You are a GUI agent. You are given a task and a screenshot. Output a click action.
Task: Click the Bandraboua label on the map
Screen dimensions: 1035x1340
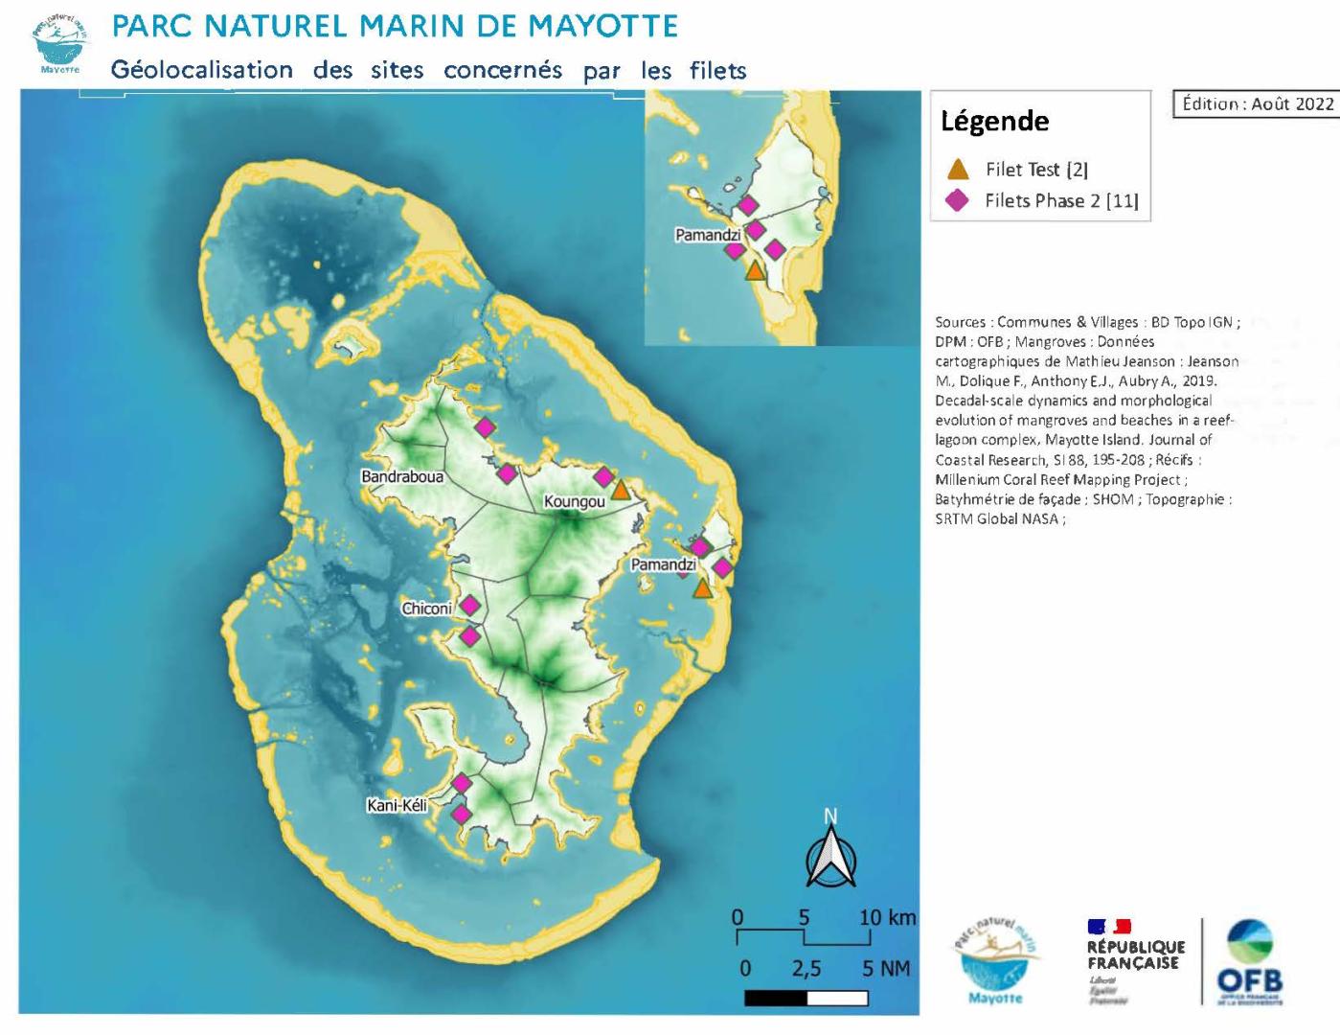pyautogui.click(x=402, y=476)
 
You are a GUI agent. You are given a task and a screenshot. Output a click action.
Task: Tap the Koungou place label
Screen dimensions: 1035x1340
pyautogui.click(x=574, y=501)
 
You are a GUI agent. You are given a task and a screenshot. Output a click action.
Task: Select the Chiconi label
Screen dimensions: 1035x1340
pyautogui.click(x=426, y=609)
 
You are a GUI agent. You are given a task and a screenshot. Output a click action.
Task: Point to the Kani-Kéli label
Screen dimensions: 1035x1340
pyautogui.click(x=397, y=805)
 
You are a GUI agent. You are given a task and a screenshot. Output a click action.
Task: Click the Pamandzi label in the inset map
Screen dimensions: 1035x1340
pyautogui.click(x=708, y=235)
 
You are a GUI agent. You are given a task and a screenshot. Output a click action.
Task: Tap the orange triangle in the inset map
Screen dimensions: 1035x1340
pyautogui.click(x=755, y=271)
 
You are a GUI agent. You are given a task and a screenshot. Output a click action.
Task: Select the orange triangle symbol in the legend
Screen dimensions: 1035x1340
pyautogui.click(x=958, y=170)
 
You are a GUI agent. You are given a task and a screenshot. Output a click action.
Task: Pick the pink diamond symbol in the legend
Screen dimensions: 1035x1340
pyautogui.click(x=957, y=200)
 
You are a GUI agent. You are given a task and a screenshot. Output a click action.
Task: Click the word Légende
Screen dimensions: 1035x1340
pyautogui.click(x=994, y=122)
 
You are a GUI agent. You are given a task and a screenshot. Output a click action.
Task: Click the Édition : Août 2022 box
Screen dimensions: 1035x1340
pyautogui.click(x=1257, y=103)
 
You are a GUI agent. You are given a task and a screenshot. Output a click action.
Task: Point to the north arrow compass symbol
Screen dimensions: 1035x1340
pyautogui.click(x=830, y=855)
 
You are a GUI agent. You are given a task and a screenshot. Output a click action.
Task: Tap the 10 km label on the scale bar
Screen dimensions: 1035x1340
pyautogui.click(x=887, y=917)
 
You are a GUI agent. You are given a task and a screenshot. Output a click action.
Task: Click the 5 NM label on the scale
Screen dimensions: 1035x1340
pyautogui.click(x=885, y=968)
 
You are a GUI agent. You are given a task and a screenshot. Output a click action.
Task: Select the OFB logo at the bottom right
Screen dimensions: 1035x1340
pyautogui.click(x=1249, y=962)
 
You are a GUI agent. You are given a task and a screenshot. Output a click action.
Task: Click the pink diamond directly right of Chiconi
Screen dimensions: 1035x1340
pyautogui.click(x=469, y=606)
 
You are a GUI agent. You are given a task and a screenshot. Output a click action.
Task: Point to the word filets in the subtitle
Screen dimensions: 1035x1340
pyautogui.click(x=716, y=70)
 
